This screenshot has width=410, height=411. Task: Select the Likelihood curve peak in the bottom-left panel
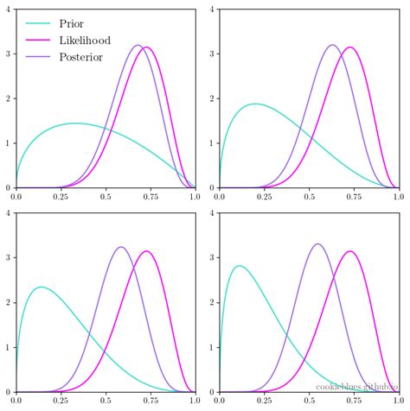click(x=147, y=251)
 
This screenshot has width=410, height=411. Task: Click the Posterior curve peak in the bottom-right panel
click(x=318, y=244)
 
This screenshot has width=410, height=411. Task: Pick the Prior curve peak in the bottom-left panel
click(x=41, y=287)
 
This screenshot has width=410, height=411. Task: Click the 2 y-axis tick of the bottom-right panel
click(x=214, y=303)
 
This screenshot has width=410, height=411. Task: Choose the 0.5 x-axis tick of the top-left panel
click(x=106, y=197)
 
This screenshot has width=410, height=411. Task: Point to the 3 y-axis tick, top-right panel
click(x=214, y=54)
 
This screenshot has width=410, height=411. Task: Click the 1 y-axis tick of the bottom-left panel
click(x=9, y=348)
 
